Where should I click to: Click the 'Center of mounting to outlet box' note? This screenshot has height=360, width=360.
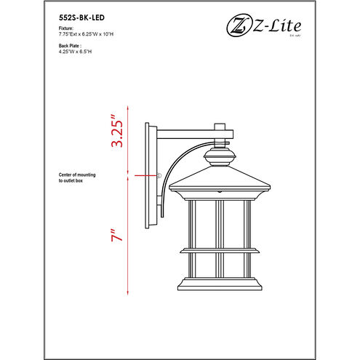(81, 179)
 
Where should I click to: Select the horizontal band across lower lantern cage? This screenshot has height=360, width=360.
(217, 252)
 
